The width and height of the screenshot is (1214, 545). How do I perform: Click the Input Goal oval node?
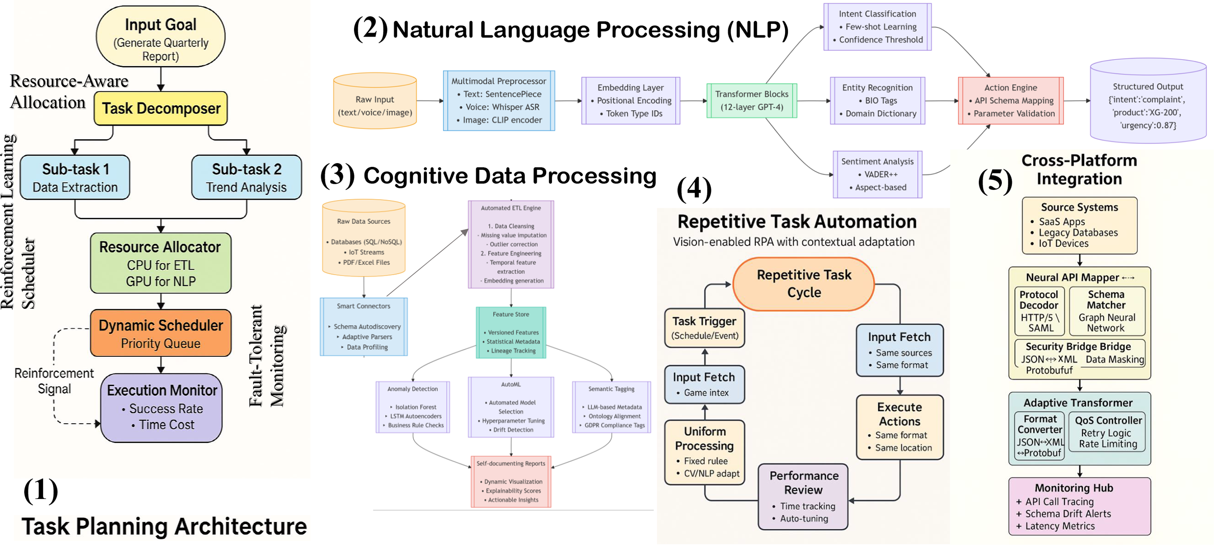pyautogui.click(x=161, y=37)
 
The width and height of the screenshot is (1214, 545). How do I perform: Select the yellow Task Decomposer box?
pyautogui.click(x=161, y=108)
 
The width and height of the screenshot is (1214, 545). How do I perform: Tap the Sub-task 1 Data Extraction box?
pyautogui.click(x=75, y=177)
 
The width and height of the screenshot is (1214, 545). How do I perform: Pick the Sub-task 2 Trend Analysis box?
pyautogui.click(x=247, y=177)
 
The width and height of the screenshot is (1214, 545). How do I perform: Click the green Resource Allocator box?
pyautogui.click(x=161, y=263)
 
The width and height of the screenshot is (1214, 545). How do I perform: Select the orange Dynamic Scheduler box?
pyautogui.click(x=161, y=333)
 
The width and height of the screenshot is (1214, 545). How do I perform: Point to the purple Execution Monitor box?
pyautogui.click(x=161, y=408)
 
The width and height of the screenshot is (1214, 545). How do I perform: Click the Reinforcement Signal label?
pyautogui.click(x=54, y=381)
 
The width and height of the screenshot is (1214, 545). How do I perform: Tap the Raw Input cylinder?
pyautogui.click(x=375, y=100)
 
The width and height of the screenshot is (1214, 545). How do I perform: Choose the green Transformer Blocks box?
pyautogui.click(x=752, y=101)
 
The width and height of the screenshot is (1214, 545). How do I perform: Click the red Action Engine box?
pyautogui.click(x=1011, y=101)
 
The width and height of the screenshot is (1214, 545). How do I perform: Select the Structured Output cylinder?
pyautogui.click(x=1148, y=100)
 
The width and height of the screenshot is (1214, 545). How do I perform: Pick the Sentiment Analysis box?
pyautogui.click(x=877, y=174)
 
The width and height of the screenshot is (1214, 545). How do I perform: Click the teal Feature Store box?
pyautogui.click(x=511, y=333)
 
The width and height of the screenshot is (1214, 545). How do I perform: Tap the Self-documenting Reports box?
pyautogui.click(x=511, y=482)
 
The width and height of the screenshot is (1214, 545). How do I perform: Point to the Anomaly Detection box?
pyautogui.click(x=413, y=407)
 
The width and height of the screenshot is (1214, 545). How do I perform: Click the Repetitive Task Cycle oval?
pyautogui.click(x=804, y=284)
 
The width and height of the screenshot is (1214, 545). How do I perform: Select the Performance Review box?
pyautogui.click(x=803, y=497)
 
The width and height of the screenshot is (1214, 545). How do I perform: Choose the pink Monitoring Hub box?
pyautogui.click(x=1079, y=506)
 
